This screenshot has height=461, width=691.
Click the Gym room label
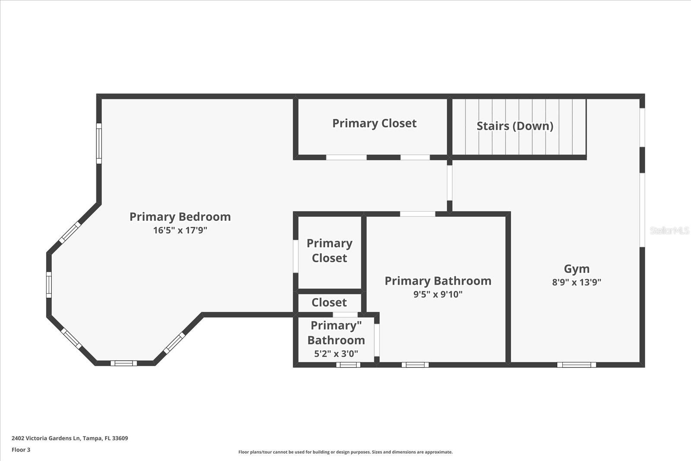pyautogui.click(x=577, y=269)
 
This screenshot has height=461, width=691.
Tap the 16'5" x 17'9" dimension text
pyautogui.click(x=180, y=230)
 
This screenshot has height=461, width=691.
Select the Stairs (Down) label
pyautogui.click(x=515, y=126)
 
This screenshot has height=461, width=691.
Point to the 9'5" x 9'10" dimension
pyautogui.click(x=438, y=294)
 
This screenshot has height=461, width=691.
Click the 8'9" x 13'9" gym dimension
pyautogui.click(x=577, y=282)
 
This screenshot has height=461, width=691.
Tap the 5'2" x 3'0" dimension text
pyautogui.click(x=336, y=353)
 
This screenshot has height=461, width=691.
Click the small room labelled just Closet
pyautogui.click(x=329, y=302)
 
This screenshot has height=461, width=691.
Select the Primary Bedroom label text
pyautogui.click(x=180, y=216)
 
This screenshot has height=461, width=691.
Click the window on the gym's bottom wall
pyautogui.click(x=576, y=365)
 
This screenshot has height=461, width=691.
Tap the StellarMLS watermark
pyautogui.click(x=669, y=231)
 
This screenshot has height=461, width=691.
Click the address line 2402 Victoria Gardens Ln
pyautogui.click(x=70, y=438)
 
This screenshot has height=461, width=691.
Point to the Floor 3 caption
pyautogui.click(x=21, y=450)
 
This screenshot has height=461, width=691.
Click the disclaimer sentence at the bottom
pyautogui.click(x=345, y=452)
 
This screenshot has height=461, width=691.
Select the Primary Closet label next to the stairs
pyautogui.click(x=374, y=124)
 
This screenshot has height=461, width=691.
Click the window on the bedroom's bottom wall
pyautogui.click(x=124, y=363)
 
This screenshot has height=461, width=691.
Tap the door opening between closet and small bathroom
pyautogui.click(x=345, y=315)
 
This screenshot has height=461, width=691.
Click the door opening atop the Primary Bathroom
pyautogui.click(x=418, y=214)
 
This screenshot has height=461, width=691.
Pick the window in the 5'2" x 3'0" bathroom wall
pyautogui.click(x=348, y=365)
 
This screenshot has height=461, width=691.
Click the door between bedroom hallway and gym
pyautogui.click(x=450, y=183)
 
